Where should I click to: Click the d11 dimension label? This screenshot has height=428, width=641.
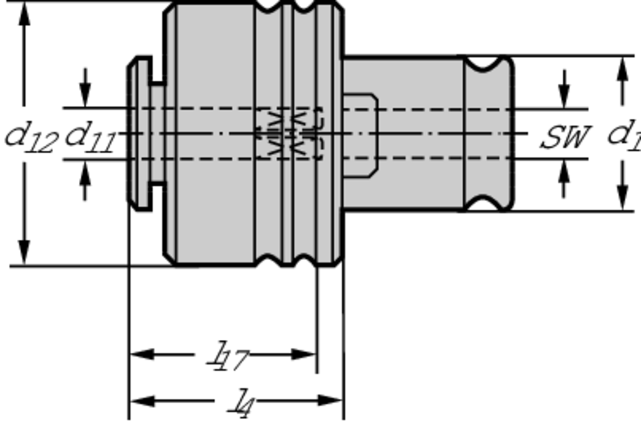tap(91, 137)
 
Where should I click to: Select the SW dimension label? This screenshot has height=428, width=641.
tap(565, 137)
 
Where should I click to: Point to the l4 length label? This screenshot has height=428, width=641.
tap(240, 404)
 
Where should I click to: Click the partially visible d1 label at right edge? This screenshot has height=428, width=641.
tap(624, 135)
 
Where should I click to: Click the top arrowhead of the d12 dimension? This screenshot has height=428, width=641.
tap(24, 14)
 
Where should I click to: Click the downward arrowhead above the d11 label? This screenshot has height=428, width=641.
tap(85, 96)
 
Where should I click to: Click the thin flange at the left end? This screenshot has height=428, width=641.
tap(139, 133)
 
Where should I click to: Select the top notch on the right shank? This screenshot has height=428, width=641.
tap(487, 63)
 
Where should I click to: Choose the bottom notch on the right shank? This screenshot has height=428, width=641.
tap(487, 203)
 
